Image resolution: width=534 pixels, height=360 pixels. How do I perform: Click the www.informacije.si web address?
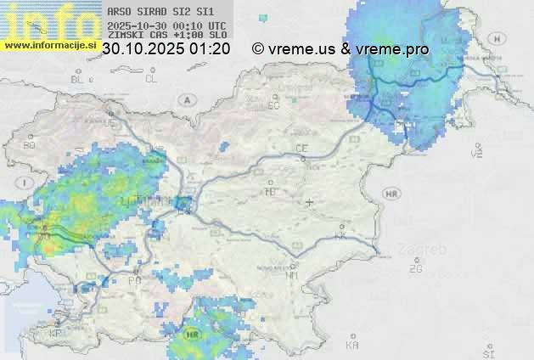pyautogui.click(x=50, y=44)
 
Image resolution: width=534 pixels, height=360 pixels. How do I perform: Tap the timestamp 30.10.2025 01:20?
pyautogui.click(x=166, y=49)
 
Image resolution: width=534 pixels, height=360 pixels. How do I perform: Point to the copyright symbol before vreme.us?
pyautogui.click(x=258, y=49)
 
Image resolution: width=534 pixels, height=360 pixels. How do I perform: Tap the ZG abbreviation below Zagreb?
pyautogui.click(x=415, y=269)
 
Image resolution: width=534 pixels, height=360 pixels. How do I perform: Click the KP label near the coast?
pyautogui.click(x=56, y=334)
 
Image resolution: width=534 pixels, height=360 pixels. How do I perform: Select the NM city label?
pyautogui.click(x=293, y=275)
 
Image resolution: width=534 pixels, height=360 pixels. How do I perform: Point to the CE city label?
pyautogui.click(x=301, y=149)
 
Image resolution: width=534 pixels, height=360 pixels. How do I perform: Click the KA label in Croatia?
pyautogui.click(x=352, y=345)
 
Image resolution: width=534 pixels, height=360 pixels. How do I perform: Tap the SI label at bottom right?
pyautogui.click(x=488, y=352)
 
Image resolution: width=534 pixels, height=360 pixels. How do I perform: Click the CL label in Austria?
pyautogui.click(x=151, y=79)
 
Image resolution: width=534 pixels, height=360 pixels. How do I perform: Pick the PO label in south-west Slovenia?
pyautogui.click(x=134, y=279)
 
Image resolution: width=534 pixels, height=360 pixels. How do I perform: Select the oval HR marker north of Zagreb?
pyautogui.click(x=391, y=194)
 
